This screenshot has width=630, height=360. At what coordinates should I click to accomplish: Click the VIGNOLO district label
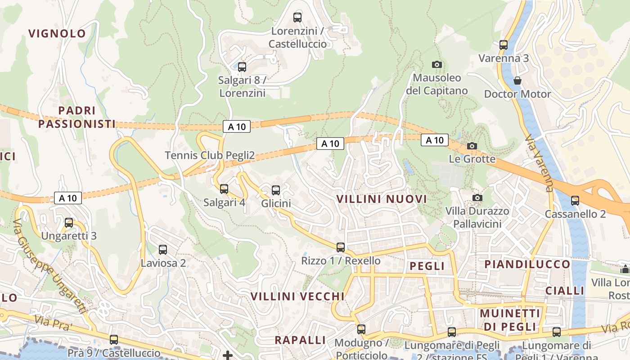coord(57,33)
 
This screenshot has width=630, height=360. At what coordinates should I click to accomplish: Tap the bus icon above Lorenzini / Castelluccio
coord(297,18)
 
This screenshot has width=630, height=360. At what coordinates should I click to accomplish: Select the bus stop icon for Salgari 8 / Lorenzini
coord(242,67)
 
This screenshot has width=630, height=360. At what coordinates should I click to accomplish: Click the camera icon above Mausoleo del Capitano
coord(436,64)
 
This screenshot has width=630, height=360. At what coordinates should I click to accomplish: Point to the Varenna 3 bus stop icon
coord(504,45)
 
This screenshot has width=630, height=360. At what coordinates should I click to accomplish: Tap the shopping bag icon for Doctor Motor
coord(517,81)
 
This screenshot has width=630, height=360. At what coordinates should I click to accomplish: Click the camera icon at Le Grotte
coord(472,146)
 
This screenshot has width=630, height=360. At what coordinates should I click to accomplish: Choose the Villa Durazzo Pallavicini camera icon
coord(477,198)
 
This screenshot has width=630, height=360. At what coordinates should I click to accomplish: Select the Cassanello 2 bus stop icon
coord(575,201)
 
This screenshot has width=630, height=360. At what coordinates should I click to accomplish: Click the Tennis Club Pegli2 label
coord(210,156)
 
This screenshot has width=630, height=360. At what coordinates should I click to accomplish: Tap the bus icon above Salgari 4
coord(224,189)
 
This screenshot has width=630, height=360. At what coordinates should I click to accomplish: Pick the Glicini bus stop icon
coord(276,190)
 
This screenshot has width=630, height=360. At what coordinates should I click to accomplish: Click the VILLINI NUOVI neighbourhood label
coord(382,199)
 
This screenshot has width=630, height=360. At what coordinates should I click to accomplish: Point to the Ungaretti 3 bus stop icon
coord(69,223)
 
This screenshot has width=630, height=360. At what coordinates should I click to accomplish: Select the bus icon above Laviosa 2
coord(163,250)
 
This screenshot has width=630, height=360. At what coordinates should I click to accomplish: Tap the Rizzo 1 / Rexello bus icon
coord(341,247)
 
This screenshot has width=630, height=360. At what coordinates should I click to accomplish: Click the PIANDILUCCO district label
coord(527,264)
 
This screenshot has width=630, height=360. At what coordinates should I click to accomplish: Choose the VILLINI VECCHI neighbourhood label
coord(297,297)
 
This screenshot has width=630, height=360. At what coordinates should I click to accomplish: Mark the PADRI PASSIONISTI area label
coord(77,117)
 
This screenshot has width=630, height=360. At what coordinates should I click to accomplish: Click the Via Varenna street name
coord(539,163)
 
